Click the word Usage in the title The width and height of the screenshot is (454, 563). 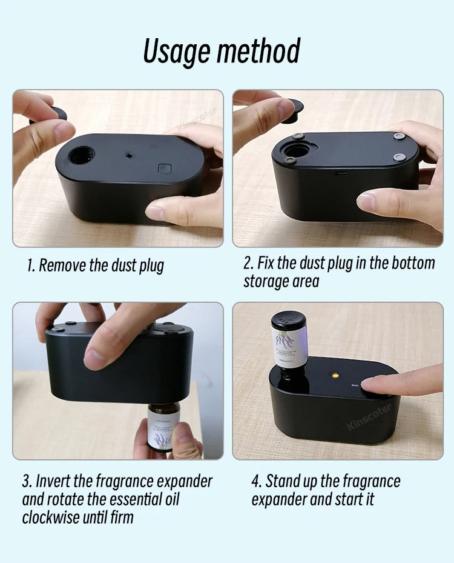[176, 51]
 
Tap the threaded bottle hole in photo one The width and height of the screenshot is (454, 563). [81, 156]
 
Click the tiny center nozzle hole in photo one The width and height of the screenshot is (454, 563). [129, 156]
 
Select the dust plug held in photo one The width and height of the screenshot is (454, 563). [59, 113]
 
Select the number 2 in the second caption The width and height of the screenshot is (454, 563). [248, 264]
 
